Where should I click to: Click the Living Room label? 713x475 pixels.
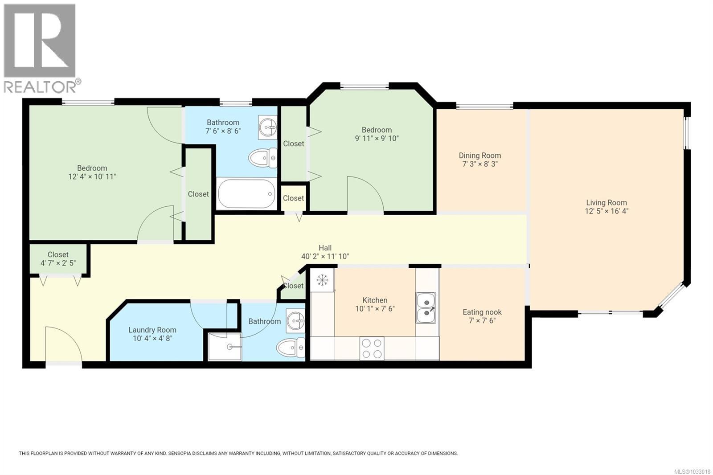[606, 203]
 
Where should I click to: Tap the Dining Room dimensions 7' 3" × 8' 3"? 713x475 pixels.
[479, 164]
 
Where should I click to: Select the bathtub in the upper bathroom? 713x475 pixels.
[246, 193]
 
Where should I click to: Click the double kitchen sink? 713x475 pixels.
[426, 308]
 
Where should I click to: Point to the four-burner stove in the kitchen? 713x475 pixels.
[372, 348]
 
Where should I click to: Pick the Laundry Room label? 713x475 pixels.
[152, 330]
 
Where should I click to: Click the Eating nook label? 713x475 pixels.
[482, 312]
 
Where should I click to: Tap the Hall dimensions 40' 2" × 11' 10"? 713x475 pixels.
[325, 257]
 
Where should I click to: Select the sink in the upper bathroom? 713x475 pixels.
[268, 127]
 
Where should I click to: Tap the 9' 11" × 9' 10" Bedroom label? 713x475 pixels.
[377, 130]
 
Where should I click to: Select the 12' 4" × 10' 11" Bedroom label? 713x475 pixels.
[92, 168]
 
